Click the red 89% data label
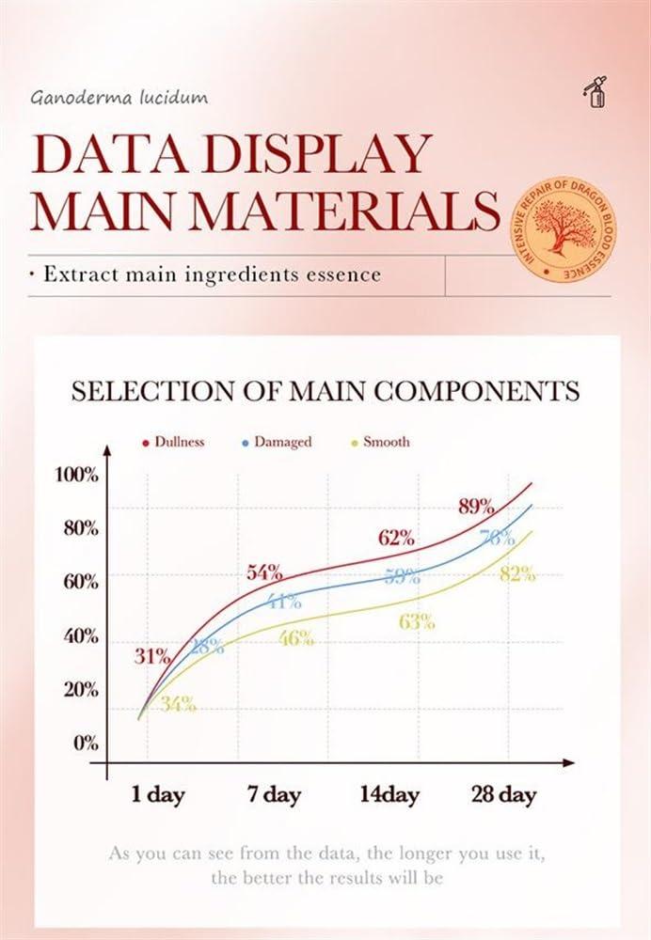pos(476,506)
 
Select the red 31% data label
pos(151,656)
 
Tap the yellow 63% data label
pos(416,620)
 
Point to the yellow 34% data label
pos(177,703)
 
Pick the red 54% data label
pos(264,572)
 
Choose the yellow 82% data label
pos(517,574)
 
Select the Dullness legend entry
pos(173,441)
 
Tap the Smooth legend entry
pos(380,441)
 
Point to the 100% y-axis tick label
pos(75,474)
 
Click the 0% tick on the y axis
pos(87,743)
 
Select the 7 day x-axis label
pos(274,795)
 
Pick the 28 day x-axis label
pos(503,795)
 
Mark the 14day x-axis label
pos(389,795)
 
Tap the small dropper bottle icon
pos(594,93)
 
